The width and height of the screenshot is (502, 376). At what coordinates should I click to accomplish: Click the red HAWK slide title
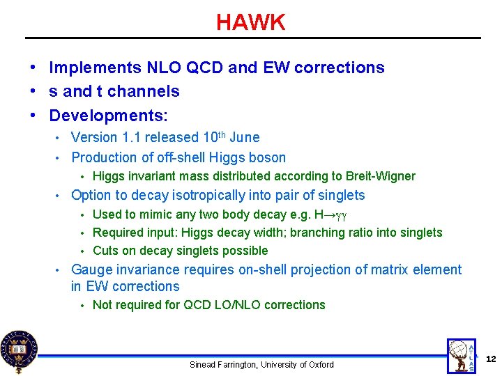tap(250, 22)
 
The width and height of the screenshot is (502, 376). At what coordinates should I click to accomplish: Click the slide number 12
tap(490, 359)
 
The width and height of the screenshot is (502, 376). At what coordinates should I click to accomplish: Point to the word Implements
tap(95, 68)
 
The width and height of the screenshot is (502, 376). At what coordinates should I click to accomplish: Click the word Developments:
tap(109, 115)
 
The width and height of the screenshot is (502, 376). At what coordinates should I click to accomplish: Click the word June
tap(244, 138)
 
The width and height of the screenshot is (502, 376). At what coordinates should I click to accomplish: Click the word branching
tap(319, 233)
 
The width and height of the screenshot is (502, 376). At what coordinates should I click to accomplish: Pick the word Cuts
tap(105, 251)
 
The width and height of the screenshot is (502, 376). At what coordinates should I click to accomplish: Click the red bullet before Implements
tap(33, 68)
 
